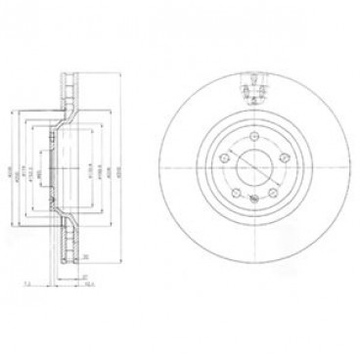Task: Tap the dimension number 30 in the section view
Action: (86, 257)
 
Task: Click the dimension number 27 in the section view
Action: (86, 277)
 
